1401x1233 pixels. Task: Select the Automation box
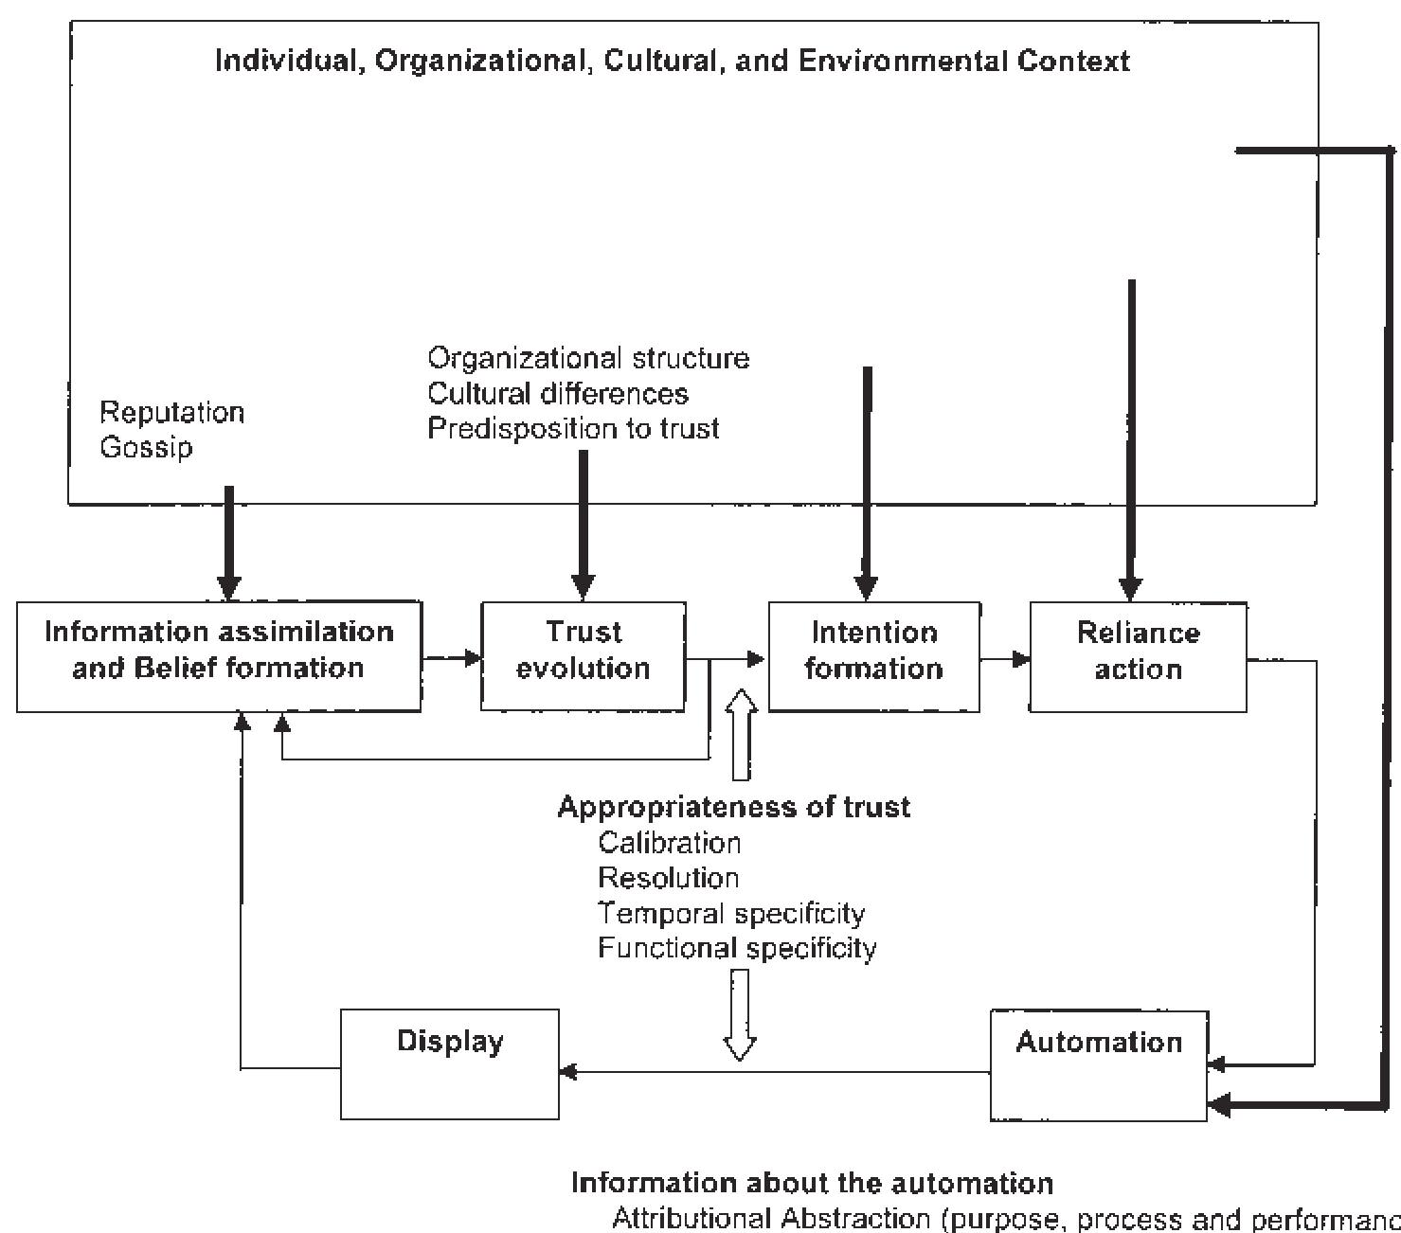click(x=1099, y=1066)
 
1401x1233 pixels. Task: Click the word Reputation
click(x=172, y=413)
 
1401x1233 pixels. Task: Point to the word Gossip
click(x=146, y=447)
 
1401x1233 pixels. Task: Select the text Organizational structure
click(x=588, y=358)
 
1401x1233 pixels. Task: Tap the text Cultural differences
click(x=558, y=393)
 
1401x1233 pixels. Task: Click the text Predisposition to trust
click(x=573, y=428)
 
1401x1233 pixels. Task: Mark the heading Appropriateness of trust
click(x=734, y=807)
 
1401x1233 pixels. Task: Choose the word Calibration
click(x=670, y=842)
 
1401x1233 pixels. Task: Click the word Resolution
click(x=669, y=878)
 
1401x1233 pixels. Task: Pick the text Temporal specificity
click(x=731, y=913)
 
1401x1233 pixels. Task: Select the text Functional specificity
click(x=737, y=948)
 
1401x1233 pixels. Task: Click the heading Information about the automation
click(x=813, y=1183)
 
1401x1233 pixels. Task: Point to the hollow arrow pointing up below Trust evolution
click(x=741, y=734)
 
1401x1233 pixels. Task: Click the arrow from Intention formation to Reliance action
click(x=1005, y=658)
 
